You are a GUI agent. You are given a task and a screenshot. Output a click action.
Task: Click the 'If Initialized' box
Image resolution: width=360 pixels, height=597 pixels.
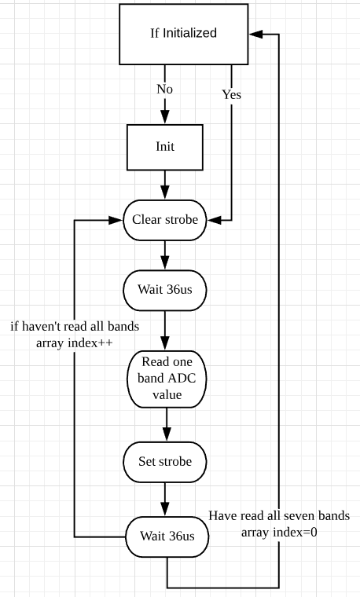(x=184, y=35)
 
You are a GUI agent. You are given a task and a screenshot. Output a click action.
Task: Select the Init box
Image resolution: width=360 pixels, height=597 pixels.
(x=165, y=148)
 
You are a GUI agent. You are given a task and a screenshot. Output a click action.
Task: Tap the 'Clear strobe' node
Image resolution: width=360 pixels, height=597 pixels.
(x=165, y=220)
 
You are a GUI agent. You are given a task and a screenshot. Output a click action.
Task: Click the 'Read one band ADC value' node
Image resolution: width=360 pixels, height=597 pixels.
(x=167, y=379)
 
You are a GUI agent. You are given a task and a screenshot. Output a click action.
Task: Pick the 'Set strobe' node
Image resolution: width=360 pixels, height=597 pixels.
(x=165, y=462)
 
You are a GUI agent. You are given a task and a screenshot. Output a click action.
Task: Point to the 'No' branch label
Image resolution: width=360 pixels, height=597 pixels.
(x=164, y=89)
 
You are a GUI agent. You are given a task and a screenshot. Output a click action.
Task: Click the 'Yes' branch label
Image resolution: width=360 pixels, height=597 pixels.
(x=232, y=94)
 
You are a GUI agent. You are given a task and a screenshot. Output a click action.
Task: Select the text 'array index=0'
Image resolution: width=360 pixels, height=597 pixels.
(x=279, y=532)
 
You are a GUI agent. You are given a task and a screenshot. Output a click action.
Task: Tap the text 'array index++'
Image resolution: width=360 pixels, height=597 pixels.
(x=75, y=342)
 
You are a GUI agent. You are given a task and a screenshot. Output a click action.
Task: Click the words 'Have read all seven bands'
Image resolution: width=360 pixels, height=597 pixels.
(x=279, y=515)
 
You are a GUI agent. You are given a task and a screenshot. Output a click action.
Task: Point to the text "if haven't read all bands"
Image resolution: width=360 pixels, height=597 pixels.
(x=75, y=326)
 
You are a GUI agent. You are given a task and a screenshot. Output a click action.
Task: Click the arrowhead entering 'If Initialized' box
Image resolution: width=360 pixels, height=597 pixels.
(x=256, y=35)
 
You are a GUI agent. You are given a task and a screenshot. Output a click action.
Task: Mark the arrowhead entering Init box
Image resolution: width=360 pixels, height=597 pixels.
(x=165, y=117)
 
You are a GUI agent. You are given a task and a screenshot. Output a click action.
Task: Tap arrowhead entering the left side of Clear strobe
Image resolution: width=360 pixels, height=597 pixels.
(x=116, y=220)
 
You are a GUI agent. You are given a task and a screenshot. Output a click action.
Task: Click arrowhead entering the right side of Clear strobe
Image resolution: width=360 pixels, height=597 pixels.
(x=214, y=220)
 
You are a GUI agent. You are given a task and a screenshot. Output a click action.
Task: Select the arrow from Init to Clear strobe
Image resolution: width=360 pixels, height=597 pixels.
(x=165, y=185)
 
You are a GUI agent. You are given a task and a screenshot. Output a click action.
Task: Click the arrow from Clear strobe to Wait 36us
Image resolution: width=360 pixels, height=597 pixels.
(x=165, y=255)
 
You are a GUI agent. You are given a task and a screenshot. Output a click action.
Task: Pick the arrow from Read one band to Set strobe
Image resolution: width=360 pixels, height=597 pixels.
(x=167, y=425)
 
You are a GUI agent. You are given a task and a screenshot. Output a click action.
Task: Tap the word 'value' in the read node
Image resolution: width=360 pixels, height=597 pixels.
(x=167, y=395)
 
